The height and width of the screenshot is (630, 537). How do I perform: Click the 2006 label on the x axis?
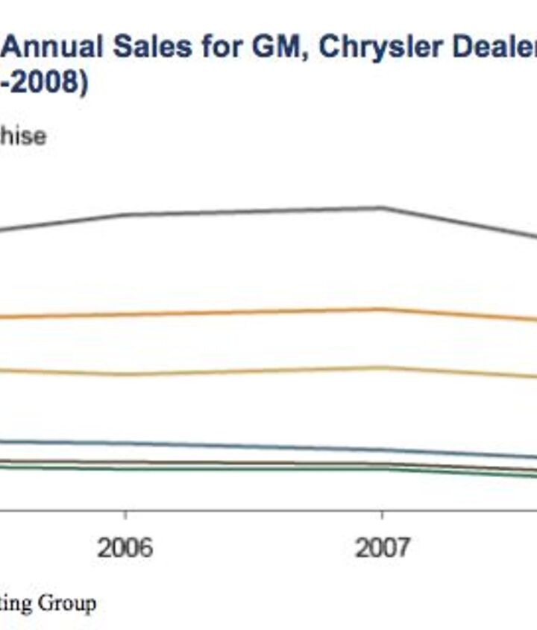(x=125, y=548)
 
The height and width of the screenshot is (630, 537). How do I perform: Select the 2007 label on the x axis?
(x=382, y=548)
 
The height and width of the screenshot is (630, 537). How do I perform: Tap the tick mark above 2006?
(x=125, y=516)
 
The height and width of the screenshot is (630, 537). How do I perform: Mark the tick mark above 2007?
(x=382, y=516)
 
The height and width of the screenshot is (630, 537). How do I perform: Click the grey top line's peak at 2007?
(x=382, y=207)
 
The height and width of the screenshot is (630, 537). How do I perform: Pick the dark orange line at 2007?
(x=382, y=309)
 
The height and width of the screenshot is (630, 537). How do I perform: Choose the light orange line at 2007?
(x=382, y=367)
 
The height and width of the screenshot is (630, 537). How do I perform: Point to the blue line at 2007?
(x=382, y=450)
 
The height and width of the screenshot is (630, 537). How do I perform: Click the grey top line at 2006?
(x=125, y=215)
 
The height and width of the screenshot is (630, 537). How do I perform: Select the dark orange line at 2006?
(x=125, y=315)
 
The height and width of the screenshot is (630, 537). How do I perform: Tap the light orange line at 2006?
(x=125, y=374)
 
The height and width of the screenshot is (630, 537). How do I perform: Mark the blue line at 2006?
(x=125, y=444)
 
